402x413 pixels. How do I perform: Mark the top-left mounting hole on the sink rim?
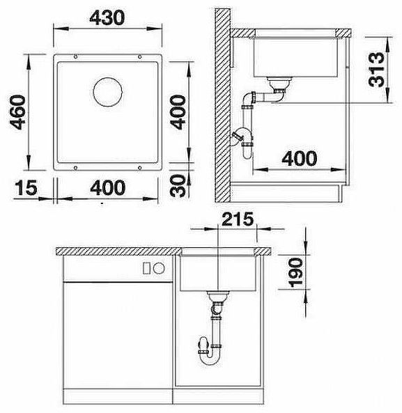coord(73,56)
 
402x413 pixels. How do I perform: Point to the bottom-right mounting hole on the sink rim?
coord(141,167)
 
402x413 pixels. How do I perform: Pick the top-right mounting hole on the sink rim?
coord(141,56)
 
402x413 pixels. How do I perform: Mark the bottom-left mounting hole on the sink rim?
coord(73,167)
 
